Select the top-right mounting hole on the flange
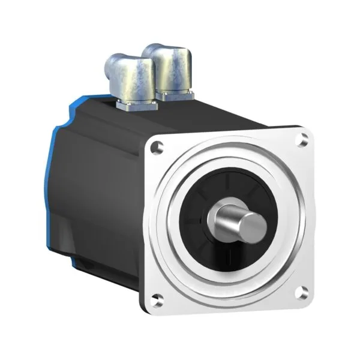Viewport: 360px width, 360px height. (x=304, y=139)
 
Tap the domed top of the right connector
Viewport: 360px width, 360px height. (x=172, y=50)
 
